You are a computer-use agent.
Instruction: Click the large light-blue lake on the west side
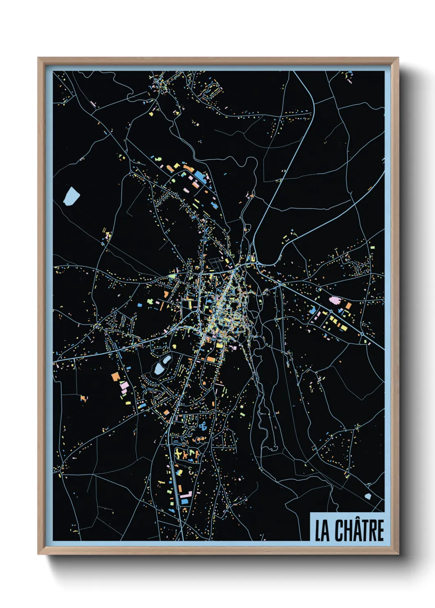tap(71, 196)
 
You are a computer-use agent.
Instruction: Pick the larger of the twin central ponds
tap(159, 368)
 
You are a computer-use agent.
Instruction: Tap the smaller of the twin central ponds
tap(167, 360)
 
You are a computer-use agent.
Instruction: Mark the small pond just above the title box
tap(368, 496)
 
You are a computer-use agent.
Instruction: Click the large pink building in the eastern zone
tap(336, 300)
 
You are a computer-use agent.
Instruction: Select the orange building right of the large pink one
tap(348, 306)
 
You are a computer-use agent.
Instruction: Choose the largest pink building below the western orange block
tap(124, 386)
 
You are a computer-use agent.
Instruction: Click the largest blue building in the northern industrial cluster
tap(199, 175)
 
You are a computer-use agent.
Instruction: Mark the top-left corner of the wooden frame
tap(39, 58)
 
